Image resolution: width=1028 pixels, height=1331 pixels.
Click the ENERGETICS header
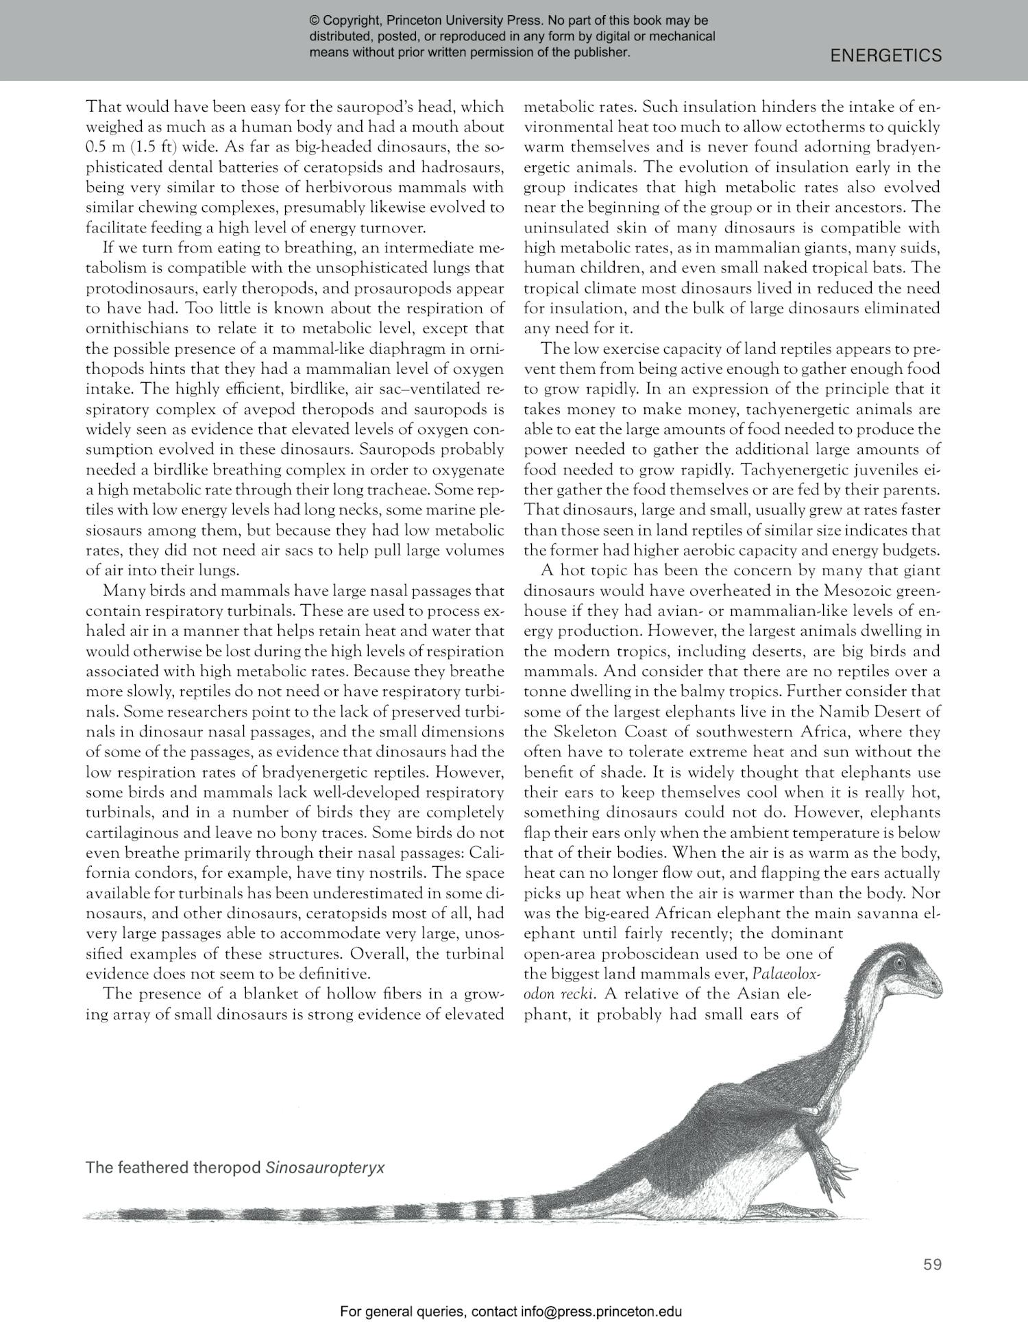click(x=885, y=56)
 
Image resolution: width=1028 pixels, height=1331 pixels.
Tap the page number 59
click(x=932, y=1264)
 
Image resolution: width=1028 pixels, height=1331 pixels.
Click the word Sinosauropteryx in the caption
click(x=324, y=1167)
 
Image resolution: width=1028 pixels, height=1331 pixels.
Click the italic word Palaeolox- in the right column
click(x=796, y=974)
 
